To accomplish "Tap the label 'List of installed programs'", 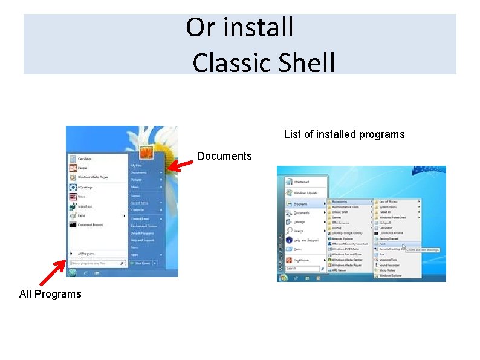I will (344, 134).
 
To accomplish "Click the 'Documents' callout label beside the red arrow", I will (224, 156).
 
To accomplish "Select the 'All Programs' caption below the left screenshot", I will (50, 294).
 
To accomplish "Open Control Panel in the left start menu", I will (140, 218).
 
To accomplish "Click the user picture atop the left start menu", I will (146, 151).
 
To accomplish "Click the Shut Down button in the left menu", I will (143, 263).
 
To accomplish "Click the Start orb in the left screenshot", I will (73, 273).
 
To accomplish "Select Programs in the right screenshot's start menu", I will (300, 204).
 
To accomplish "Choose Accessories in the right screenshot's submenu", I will (340, 201).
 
